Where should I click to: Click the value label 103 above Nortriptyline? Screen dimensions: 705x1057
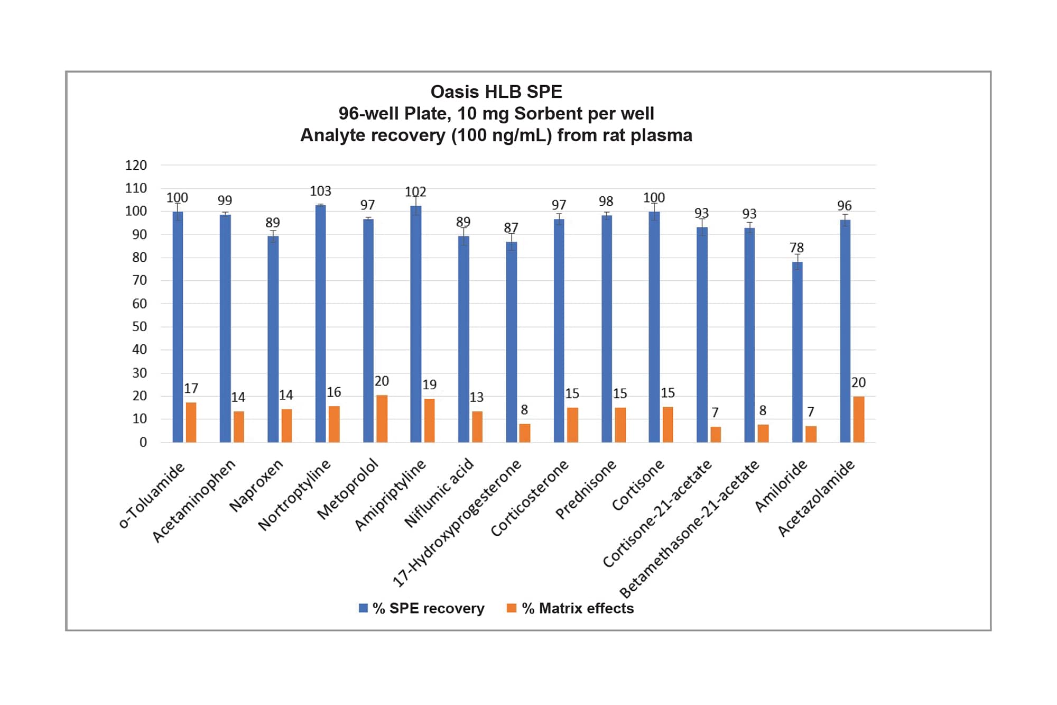point(320,191)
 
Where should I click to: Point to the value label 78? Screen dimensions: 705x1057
point(796,248)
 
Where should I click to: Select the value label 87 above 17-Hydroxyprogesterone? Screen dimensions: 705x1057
point(511,228)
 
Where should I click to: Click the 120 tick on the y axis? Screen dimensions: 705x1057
point(136,166)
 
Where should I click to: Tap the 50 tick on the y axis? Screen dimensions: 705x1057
point(139,327)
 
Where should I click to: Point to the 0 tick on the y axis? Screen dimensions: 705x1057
point(143,443)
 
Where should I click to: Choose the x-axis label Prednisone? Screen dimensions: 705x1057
point(586,489)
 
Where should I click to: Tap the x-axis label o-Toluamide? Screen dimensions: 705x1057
point(152,495)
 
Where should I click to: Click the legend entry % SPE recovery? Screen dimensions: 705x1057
point(428,609)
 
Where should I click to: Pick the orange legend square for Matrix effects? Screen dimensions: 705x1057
point(511,608)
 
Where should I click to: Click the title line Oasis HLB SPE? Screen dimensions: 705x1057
point(496,92)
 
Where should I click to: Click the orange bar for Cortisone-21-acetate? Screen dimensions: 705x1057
point(715,434)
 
